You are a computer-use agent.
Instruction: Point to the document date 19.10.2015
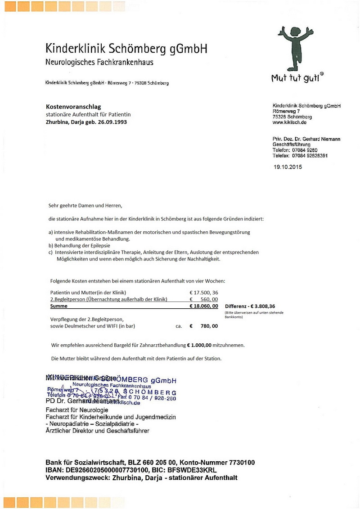(288, 167)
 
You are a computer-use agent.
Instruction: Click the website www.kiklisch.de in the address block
(289, 122)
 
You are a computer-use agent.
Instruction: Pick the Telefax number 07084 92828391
(309, 155)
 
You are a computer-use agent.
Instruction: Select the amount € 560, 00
(204, 299)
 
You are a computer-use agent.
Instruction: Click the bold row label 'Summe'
(58, 306)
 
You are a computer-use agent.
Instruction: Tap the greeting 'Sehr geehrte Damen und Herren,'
(85, 206)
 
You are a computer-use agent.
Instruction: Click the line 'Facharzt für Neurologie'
(77, 410)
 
